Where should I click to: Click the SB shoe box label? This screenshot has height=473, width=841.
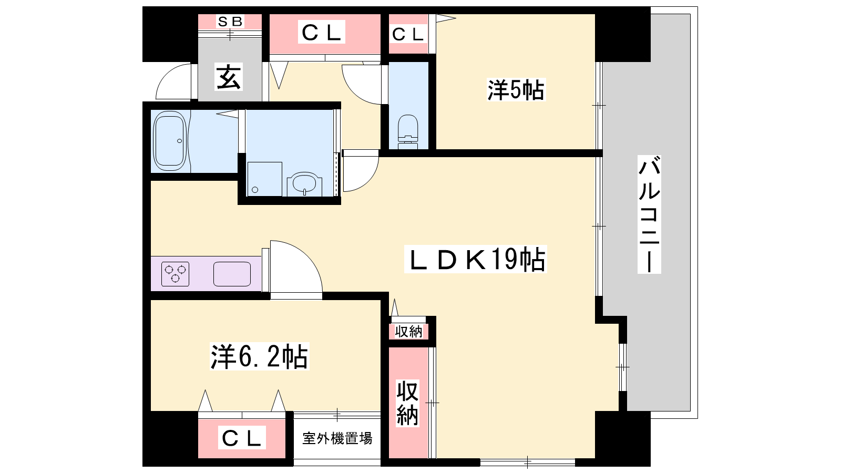230,22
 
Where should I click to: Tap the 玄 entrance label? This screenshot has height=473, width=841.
229,77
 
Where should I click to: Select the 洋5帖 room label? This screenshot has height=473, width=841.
516,90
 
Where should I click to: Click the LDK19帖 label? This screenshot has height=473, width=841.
476,259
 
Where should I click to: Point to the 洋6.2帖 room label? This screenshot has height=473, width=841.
260,356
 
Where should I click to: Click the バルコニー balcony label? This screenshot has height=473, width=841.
649,214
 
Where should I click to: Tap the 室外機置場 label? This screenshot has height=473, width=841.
337,438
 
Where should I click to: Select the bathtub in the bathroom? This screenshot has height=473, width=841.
170,141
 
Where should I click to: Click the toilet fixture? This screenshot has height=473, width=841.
408,132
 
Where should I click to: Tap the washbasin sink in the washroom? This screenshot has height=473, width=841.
304,184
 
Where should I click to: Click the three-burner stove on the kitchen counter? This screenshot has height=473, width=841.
176,274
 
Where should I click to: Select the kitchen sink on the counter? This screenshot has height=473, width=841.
232,274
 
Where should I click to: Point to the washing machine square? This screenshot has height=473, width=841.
265,179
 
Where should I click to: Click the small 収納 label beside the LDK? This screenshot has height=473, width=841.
408,332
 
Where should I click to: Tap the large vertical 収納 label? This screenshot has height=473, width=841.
408,403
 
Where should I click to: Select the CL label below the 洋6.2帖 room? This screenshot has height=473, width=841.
241,438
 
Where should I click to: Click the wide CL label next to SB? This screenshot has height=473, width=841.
321,32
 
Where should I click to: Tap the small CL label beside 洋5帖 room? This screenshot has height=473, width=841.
408,35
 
